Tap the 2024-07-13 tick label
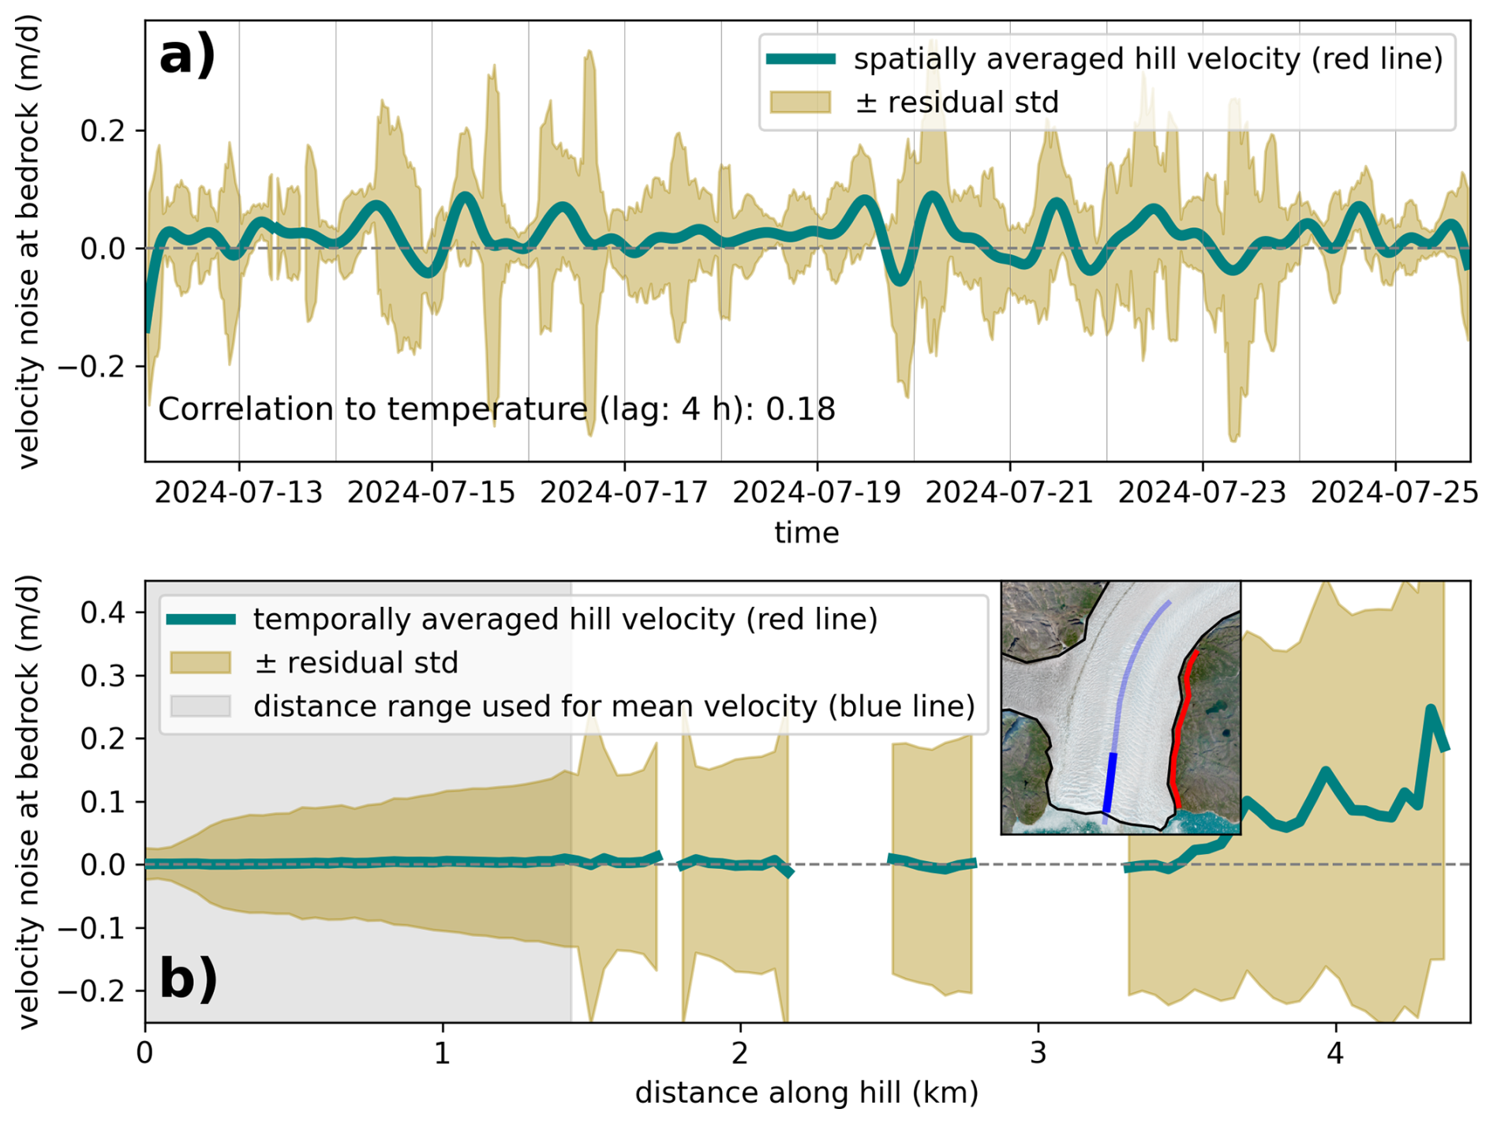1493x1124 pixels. pyautogui.click(x=238, y=493)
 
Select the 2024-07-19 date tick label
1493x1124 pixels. pyautogui.click(x=817, y=493)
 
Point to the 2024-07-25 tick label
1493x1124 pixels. pyautogui.click(x=1394, y=493)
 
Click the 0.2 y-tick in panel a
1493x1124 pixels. pyautogui.click(x=103, y=131)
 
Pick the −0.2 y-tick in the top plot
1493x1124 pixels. pyautogui.click(x=92, y=367)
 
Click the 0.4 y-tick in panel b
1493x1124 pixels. pyautogui.click(x=103, y=613)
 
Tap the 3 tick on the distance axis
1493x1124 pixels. pyautogui.click(x=1038, y=1054)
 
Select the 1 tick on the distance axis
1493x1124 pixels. pyautogui.click(x=442, y=1054)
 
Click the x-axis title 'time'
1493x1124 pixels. pyautogui.click(x=806, y=533)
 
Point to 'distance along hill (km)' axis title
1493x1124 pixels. pyautogui.click(x=806, y=1093)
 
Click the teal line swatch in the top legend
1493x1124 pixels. pyautogui.click(x=800, y=59)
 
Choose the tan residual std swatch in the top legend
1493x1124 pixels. pyautogui.click(x=800, y=103)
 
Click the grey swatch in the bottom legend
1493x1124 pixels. pyautogui.click(x=200, y=706)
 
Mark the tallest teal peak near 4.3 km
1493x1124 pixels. pyautogui.click(x=1430, y=710)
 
